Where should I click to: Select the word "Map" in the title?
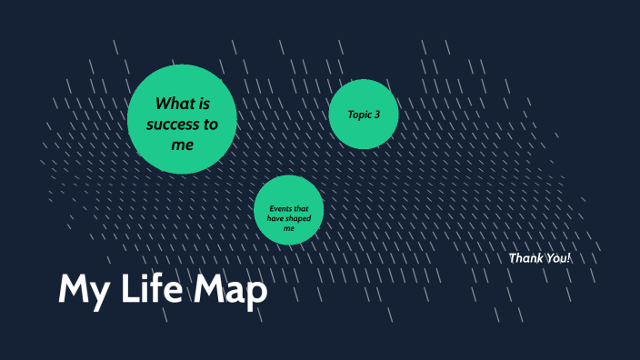coord(230,291)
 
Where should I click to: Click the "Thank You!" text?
coord(540,258)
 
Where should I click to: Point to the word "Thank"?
coord(526,258)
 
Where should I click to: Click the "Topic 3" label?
coord(364,115)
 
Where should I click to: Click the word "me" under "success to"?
coord(183,144)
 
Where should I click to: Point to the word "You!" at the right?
coord(558,258)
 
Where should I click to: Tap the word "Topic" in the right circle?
coord(360,115)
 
